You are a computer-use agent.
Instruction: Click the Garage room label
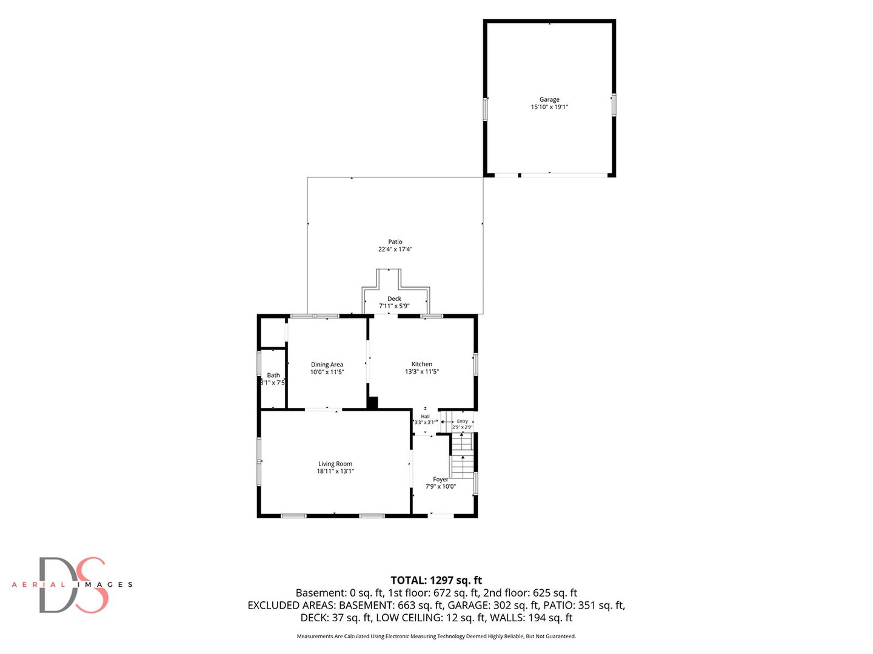pyautogui.click(x=549, y=99)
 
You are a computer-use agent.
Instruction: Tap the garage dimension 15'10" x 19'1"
pyautogui.click(x=549, y=107)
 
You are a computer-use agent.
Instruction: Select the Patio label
pyautogui.click(x=395, y=242)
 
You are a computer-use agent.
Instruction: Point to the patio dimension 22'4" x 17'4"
pyautogui.click(x=395, y=249)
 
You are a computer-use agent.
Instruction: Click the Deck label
pyautogui.click(x=394, y=299)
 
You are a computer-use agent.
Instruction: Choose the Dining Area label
pyautogui.click(x=327, y=365)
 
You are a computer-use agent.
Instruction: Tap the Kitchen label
pyautogui.click(x=421, y=364)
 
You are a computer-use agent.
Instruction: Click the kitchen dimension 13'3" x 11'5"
pyautogui.click(x=421, y=371)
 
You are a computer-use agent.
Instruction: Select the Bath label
pyautogui.click(x=273, y=375)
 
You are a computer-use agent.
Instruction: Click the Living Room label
pyautogui.click(x=335, y=463)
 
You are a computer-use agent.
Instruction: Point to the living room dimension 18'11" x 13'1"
pyautogui.click(x=335, y=471)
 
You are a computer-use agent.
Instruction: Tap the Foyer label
pyautogui.click(x=440, y=479)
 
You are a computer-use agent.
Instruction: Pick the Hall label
pyautogui.click(x=425, y=416)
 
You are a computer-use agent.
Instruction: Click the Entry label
pyautogui.click(x=462, y=421)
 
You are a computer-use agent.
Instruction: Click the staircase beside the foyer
pyautogui.click(x=462, y=456)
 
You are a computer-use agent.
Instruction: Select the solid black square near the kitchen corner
pyautogui.click(x=372, y=403)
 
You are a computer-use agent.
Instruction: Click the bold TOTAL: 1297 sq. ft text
pyautogui.click(x=436, y=580)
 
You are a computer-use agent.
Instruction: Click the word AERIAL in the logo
pyautogui.click(x=38, y=584)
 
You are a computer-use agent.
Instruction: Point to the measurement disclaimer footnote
pyautogui.click(x=436, y=636)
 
